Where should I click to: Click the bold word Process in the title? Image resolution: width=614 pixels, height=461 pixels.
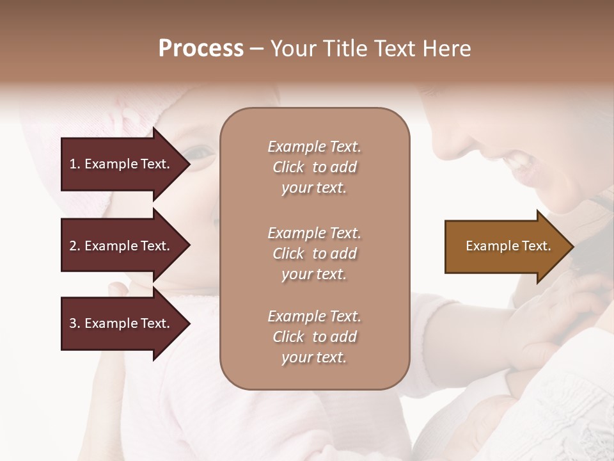pyautogui.click(x=201, y=49)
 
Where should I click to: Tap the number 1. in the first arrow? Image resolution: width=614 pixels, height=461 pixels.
pyautogui.click(x=75, y=164)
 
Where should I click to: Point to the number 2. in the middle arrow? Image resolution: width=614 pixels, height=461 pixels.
pyautogui.click(x=75, y=246)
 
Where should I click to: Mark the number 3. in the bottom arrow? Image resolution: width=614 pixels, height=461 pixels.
pyautogui.click(x=75, y=323)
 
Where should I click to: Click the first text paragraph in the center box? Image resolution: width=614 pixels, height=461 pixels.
pyautogui.click(x=314, y=167)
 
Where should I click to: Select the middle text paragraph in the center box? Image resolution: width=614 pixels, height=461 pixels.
pyautogui.click(x=314, y=253)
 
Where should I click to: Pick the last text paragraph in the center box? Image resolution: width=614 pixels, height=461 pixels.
pyautogui.click(x=314, y=337)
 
